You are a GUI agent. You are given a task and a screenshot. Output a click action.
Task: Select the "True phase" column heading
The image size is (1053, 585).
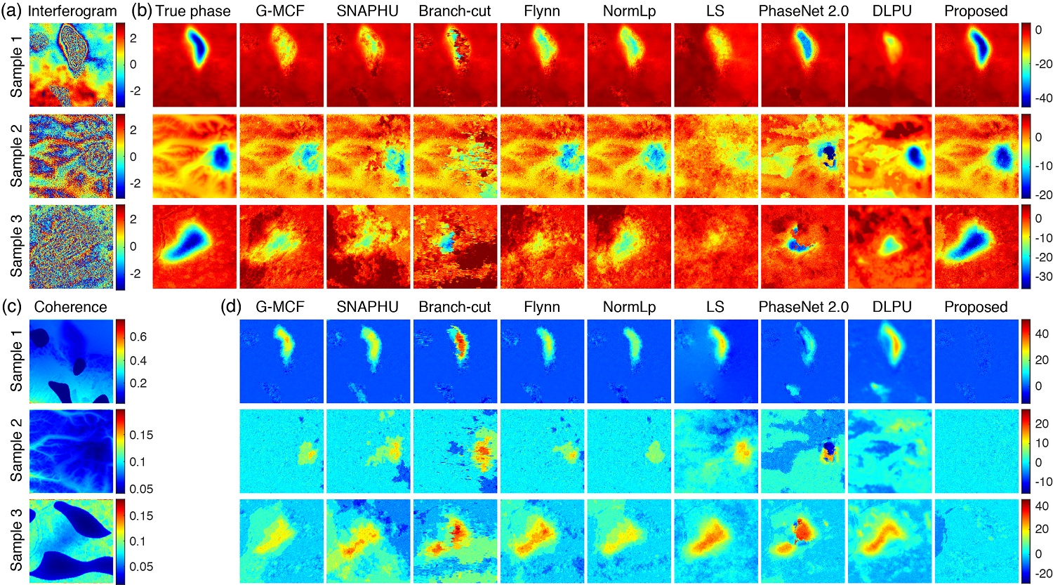click(x=193, y=11)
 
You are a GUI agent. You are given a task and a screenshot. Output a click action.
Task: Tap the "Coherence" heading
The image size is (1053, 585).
click(x=71, y=307)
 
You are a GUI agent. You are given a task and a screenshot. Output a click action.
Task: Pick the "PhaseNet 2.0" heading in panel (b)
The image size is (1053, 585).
click(x=803, y=11)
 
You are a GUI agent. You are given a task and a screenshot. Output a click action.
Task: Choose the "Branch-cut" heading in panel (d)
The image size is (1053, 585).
click(x=455, y=307)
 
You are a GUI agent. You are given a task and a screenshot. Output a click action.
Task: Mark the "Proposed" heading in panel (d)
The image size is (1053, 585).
click(x=976, y=307)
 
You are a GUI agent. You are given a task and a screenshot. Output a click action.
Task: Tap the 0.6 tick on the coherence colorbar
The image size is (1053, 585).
click(x=138, y=336)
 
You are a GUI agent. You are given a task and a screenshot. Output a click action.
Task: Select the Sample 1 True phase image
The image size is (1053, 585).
click(x=194, y=65)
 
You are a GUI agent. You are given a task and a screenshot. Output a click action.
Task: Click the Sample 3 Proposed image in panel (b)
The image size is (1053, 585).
click(x=976, y=247)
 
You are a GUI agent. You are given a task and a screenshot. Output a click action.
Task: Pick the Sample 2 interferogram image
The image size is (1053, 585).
click(x=71, y=156)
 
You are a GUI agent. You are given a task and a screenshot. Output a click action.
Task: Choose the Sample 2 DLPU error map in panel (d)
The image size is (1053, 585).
click(x=889, y=452)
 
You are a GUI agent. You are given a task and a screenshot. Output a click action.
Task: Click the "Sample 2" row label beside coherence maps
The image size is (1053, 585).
click(x=16, y=450)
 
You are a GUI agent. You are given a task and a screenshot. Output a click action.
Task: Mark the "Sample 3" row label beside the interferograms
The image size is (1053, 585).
click(x=16, y=246)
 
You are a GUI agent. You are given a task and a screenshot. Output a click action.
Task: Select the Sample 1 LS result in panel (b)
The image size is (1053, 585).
click(x=716, y=65)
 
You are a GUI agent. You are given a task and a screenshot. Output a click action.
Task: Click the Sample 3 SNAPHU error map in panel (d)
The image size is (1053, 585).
click(x=369, y=540)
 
